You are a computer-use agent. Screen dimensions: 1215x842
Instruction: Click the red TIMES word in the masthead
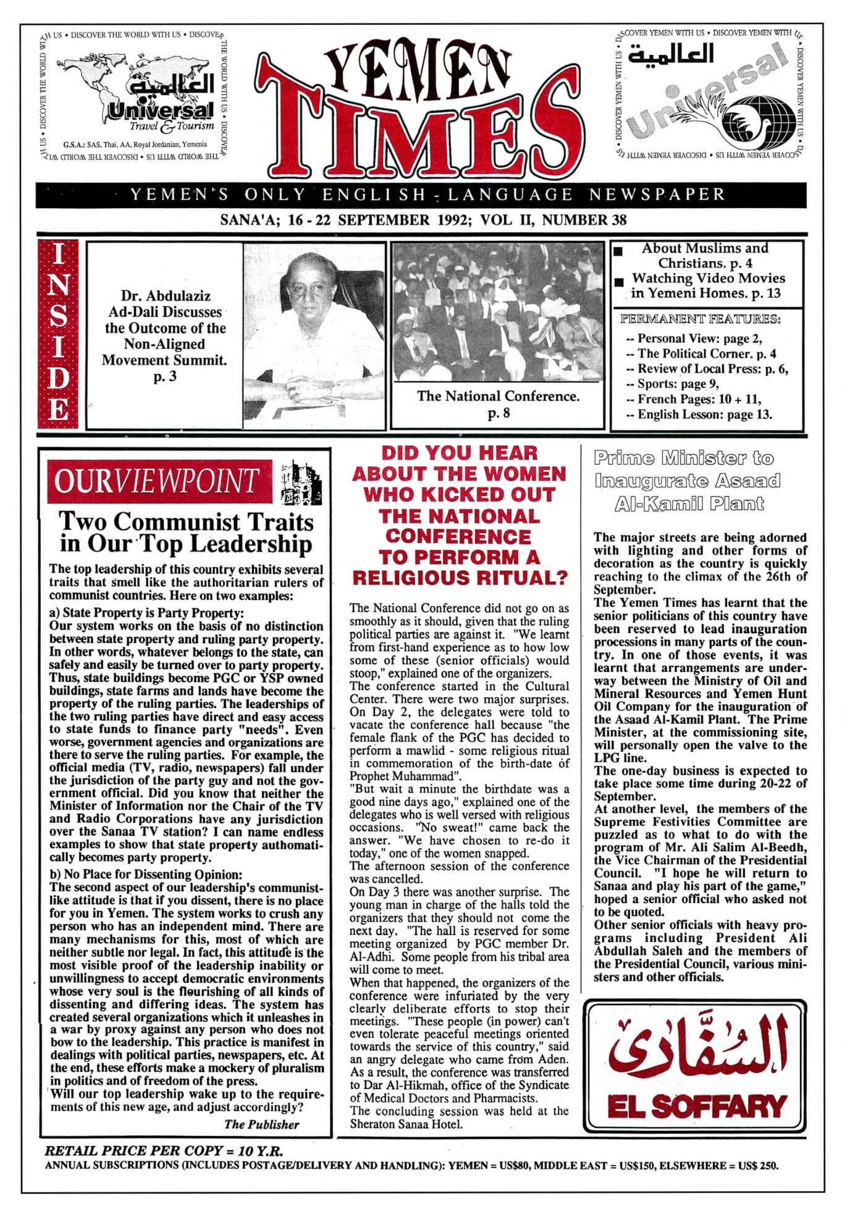(x=420, y=133)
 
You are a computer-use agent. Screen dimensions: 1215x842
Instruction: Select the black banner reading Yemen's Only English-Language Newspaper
(x=421, y=195)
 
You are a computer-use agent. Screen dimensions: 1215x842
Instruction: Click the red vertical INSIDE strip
(x=58, y=334)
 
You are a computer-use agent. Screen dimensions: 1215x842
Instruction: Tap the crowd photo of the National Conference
(x=497, y=311)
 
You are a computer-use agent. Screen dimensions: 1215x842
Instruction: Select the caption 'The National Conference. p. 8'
(x=498, y=404)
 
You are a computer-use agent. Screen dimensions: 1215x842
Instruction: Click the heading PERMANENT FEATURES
(x=700, y=319)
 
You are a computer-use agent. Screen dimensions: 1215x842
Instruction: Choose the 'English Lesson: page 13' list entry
(x=698, y=414)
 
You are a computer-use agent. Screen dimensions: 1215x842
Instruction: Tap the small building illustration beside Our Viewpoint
(x=301, y=482)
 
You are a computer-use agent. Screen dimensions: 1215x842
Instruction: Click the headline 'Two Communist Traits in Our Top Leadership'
(x=186, y=532)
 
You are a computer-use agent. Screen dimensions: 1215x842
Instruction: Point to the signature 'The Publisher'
(x=261, y=1124)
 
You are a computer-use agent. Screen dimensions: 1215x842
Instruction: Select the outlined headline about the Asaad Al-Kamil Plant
(x=686, y=481)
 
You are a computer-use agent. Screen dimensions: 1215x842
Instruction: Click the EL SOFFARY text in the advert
(x=696, y=1106)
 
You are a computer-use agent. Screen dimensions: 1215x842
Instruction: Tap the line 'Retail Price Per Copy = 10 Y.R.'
(x=164, y=1150)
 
